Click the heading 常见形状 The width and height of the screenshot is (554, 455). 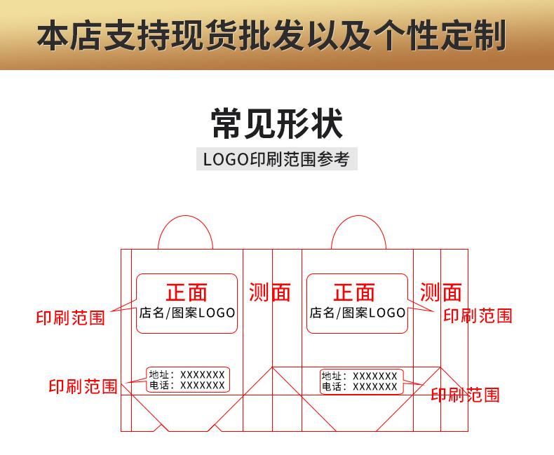coord(276,123)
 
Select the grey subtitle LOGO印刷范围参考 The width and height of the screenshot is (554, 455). coord(276,158)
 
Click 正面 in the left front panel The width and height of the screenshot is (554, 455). coord(187,292)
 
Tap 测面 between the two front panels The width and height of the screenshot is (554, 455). coord(270,292)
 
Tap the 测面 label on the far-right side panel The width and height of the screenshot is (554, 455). coord(441,292)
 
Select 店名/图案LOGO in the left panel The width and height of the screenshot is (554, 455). coord(187,313)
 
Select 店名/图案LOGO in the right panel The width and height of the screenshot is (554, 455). coord(358,313)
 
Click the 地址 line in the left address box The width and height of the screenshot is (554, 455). coord(187,375)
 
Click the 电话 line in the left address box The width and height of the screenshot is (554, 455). coord(187,386)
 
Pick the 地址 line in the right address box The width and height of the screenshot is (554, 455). coord(359,376)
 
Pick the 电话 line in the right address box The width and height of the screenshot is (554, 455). coord(359,387)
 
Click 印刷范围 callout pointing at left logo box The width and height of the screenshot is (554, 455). coord(70,318)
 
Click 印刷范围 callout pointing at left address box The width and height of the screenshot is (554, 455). coord(83,386)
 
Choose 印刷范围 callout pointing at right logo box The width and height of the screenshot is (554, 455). coord(478,315)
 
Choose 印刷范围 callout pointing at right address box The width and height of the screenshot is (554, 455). coord(465,395)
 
